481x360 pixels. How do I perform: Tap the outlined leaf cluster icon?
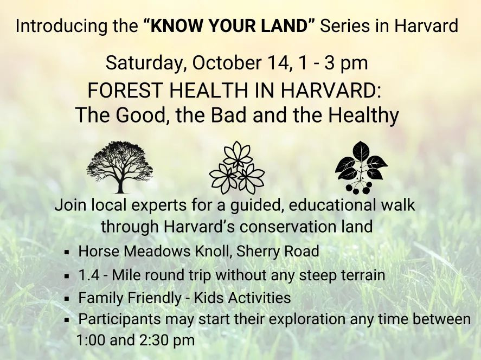(x=237, y=168)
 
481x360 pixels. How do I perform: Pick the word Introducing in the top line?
(x=55, y=26)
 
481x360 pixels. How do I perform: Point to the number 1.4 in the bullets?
(x=88, y=275)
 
